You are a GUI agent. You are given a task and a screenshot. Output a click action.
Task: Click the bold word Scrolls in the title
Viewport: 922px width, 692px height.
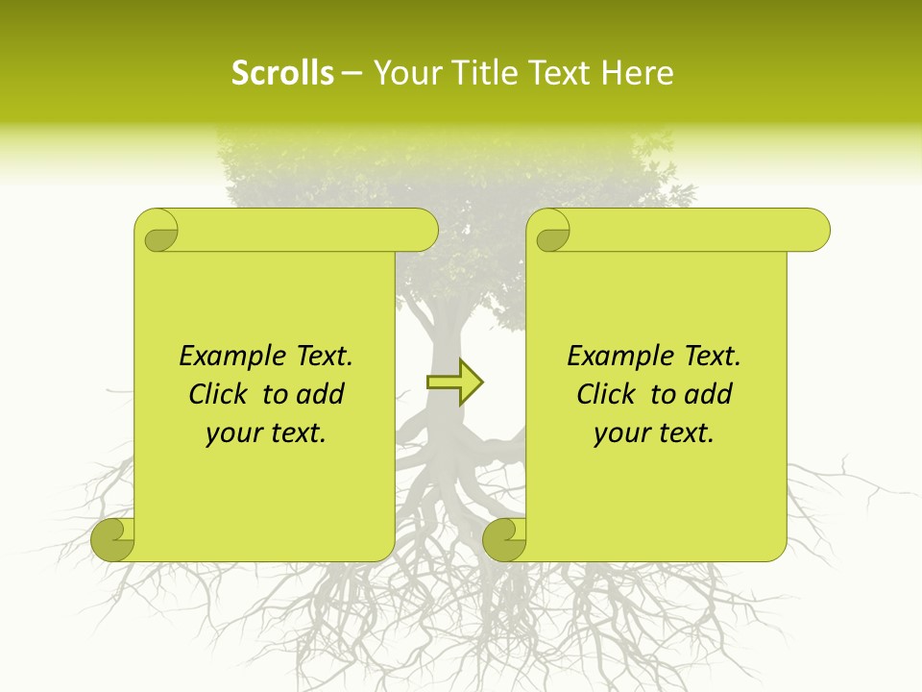tap(282, 73)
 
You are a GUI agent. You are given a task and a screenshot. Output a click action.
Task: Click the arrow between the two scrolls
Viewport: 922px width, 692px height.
tap(455, 383)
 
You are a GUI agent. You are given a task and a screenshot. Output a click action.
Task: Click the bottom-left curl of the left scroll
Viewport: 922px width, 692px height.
tap(113, 539)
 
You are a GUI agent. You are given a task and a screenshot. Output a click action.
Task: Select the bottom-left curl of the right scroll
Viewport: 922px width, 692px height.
tap(505, 539)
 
